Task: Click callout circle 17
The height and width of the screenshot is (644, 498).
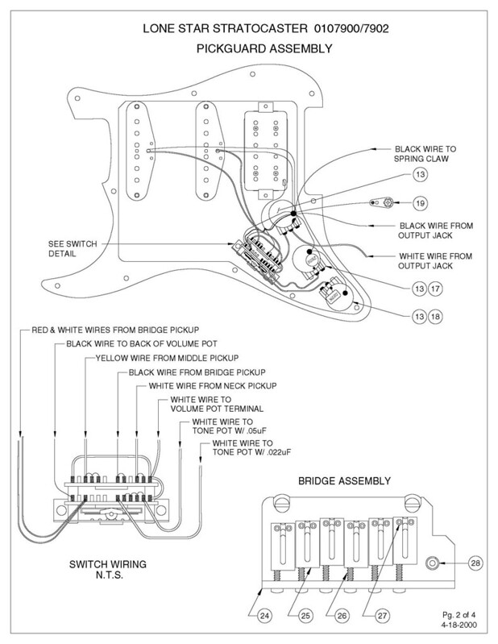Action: [435, 288]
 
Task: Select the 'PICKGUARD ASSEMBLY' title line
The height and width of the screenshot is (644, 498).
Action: [248, 48]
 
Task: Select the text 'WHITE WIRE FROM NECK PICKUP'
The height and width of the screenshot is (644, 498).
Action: [208, 386]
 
